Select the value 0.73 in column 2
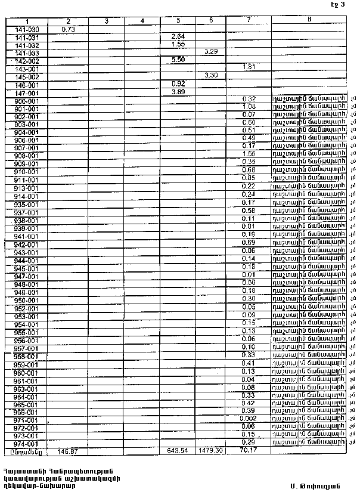tap(68, 29)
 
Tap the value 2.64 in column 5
tap(178, 36)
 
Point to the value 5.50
tap(178, 60)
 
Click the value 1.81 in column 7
tap(249, 68)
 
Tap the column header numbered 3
tap(105, 21)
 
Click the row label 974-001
tap(26, 444)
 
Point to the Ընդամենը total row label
tap(26, 451)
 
